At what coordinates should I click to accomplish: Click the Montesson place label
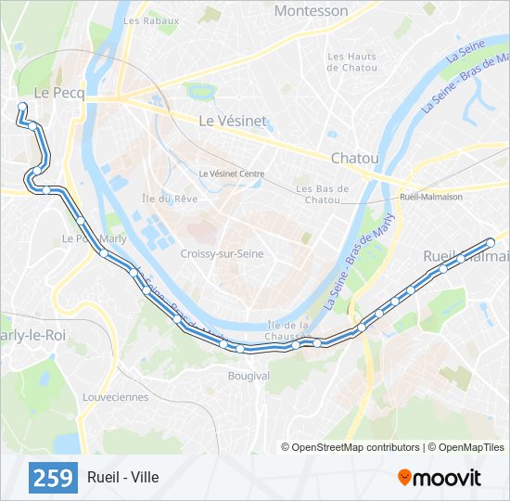(x=312, y=11)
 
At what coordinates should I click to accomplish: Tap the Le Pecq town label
(x=58, y=93)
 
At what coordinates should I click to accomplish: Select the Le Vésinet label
(x=233, y=121)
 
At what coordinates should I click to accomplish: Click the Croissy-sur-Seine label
(x=222, y=253)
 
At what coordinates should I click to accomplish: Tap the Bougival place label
(x=249, y=376)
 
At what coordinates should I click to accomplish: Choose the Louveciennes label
(x=115, y=397)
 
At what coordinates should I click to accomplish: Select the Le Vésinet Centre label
(x=232, y=173)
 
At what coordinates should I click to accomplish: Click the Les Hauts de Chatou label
(x=352, y=62)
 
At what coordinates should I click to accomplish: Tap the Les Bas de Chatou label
(x=323, y=194)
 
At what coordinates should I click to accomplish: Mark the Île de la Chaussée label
(x=287, y=330)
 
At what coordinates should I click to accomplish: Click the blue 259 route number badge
(x=54, y=477)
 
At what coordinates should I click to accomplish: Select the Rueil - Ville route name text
(x=123, y=477)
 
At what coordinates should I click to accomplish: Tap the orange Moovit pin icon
(x=404, y=477)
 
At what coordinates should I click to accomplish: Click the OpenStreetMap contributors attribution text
(x=351, y=447)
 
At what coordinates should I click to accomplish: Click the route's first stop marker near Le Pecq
(x=22, y=107)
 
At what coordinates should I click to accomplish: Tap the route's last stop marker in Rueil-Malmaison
(x=491, y=242)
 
